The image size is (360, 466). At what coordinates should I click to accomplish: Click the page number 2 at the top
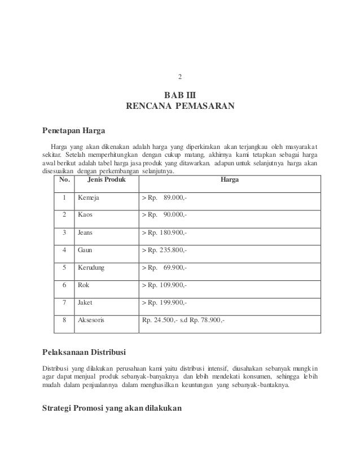[179, 77]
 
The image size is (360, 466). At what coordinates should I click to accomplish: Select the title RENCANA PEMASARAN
[179, 105]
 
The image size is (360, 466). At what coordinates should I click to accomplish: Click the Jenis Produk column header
[104, 180]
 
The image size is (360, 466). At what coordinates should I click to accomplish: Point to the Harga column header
[230, 180]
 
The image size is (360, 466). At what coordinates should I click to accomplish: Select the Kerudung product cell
[91, 267]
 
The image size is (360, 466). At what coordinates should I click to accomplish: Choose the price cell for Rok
[165, 285]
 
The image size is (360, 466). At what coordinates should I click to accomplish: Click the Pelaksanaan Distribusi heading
[84, 354]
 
